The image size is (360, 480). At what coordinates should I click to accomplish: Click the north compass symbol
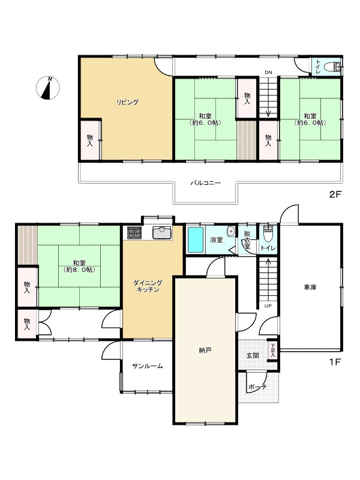(48, 88)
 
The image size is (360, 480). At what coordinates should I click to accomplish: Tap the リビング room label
(127, 102)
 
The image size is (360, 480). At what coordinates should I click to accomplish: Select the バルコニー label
(205, 183)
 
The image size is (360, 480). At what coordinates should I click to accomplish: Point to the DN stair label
(268, 73)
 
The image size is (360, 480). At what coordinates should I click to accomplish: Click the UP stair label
(268, 306)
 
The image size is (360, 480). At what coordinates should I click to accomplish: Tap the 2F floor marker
(335, 194)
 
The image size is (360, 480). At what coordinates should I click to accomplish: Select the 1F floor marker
(335, 362)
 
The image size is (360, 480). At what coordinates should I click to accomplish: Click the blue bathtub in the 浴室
(196, 239)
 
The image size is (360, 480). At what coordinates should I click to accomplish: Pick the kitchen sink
(162, 233)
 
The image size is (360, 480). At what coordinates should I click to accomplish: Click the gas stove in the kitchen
(134, 233)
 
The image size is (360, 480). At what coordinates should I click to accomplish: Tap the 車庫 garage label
(310, 287)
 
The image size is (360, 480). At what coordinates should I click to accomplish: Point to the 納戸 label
(205, 350)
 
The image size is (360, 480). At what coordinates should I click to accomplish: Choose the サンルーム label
(147, 366)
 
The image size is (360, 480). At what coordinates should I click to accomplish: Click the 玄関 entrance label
(253, 355)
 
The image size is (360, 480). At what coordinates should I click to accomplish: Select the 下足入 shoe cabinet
(272, 351)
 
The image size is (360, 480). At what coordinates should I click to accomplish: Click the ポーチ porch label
(257, 387)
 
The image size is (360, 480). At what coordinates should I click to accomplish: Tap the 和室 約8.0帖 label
(79, 266)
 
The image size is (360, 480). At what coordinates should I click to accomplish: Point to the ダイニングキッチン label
(148, 286)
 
